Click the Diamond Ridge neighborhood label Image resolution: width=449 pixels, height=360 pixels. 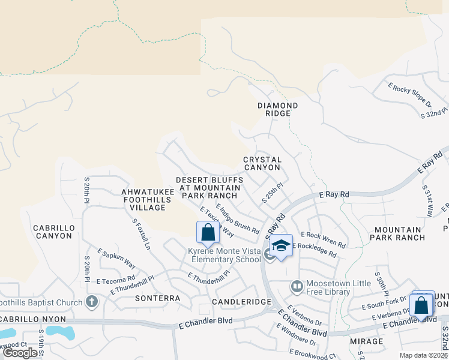(x=278, y=109)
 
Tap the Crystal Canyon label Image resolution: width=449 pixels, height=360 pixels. (x=262, y=163)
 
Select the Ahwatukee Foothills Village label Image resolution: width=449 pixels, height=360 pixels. (x=143, y=200)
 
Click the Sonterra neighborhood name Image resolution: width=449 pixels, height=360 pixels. (x=158, y=298)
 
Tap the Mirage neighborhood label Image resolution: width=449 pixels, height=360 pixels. (x=366, y=341)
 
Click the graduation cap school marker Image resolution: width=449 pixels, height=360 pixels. (x=280, y=245)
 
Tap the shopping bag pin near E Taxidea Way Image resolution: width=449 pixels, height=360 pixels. (x=208, y=233)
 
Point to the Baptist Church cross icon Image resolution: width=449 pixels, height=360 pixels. (x=91, y=302)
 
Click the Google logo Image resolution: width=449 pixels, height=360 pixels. (x=21, y=353)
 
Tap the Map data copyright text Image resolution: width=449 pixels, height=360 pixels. (x=423, y=355)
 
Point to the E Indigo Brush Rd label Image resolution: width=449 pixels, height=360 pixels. (x=238, y=220)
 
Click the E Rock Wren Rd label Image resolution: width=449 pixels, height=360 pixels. (x=323, y=239)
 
